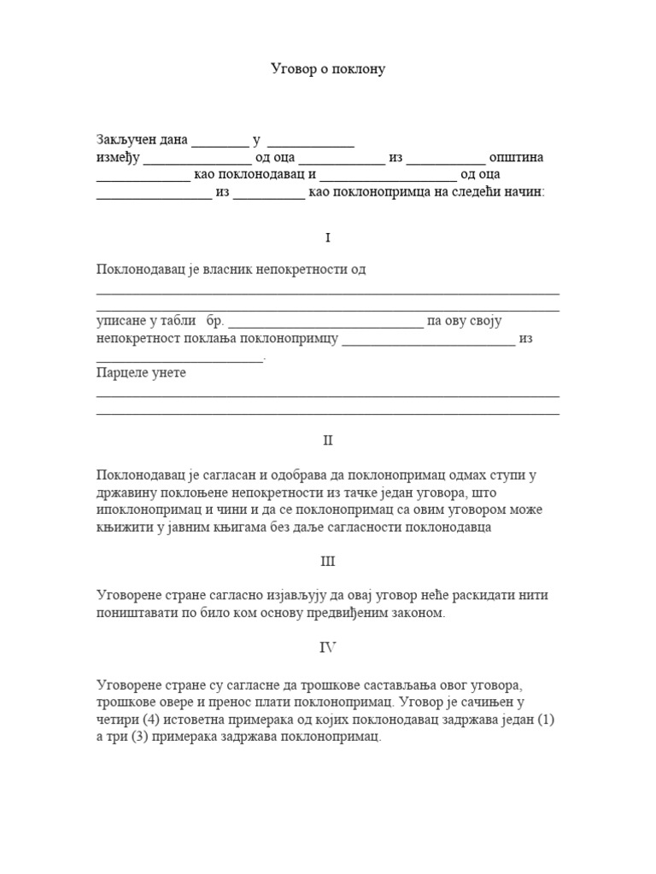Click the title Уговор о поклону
coord(328,68)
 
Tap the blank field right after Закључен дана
coord(220,142)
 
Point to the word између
coord(116,159)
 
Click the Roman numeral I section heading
coord(328,237)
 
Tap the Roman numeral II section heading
coord(328,440)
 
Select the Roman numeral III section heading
coord(328,562)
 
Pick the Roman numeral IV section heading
coord(328,647)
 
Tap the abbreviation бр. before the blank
coord(214,322)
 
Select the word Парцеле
coord(120,373)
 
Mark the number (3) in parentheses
coord(138,737)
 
